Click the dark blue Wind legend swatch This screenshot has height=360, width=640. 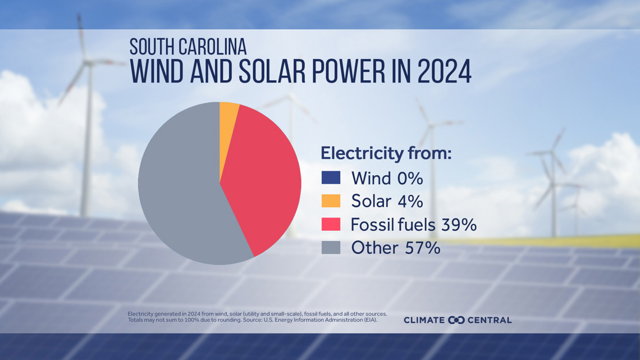tap(331, 177)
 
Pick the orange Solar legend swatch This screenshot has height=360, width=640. tap(331, 201)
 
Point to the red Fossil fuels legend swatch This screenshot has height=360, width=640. tap(331, 224)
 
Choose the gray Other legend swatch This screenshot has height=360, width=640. tap(331, 247)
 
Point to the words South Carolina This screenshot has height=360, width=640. tap(188, 47)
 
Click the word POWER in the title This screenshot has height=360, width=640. tap(348, 71)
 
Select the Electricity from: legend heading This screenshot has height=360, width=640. tap(386, 153)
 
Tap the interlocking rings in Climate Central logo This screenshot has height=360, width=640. tap(456, 320)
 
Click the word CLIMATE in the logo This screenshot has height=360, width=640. tap(424, 320)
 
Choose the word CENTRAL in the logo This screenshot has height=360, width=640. tap(490, 320)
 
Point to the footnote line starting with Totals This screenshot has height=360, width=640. tap(252, 320)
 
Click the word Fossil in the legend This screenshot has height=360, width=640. tap(369, 225)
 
